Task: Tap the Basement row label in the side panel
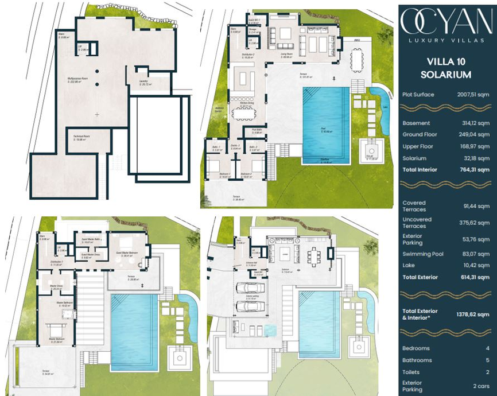(416, 123)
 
